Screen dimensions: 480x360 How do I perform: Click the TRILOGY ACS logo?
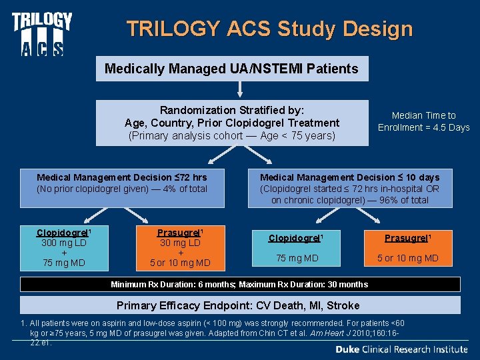tap(41, 33)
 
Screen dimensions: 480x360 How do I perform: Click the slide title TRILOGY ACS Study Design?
tap(269, 29)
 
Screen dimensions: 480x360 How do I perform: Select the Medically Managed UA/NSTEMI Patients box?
tap(231, 68)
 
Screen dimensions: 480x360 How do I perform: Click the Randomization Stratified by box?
tap(231, 123)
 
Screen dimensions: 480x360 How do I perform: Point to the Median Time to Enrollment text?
tap(423, 121)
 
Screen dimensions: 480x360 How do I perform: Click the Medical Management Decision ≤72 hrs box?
tap(121, 183)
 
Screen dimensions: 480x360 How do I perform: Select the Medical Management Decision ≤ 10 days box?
tap(349, 188)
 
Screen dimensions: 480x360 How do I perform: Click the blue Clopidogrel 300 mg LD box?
tap(64, 248)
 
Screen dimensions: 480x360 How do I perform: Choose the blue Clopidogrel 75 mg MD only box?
tap(293, 248)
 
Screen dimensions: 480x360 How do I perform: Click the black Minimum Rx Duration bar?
tap(239, 285)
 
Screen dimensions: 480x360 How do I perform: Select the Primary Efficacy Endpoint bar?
tap(239, 305)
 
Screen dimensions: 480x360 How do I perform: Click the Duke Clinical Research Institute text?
tap(401, 349)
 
